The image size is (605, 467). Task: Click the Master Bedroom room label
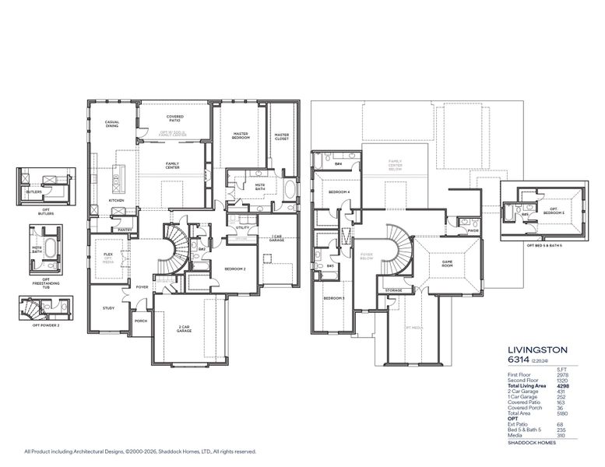click(x=241, y=136)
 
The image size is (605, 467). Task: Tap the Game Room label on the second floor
click(x=448, y=263)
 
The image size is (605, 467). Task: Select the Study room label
click(x=108, y=308)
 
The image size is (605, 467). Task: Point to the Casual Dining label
click(x=112, y=124)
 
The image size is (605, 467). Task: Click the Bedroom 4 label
click(x=338, y=191)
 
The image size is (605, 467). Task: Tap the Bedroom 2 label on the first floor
click(x=235, y=269)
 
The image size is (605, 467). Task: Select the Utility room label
click(x=242, y=227)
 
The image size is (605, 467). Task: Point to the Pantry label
click(x=124, y=230)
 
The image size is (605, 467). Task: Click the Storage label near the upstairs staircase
click(x=393, y=290)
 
